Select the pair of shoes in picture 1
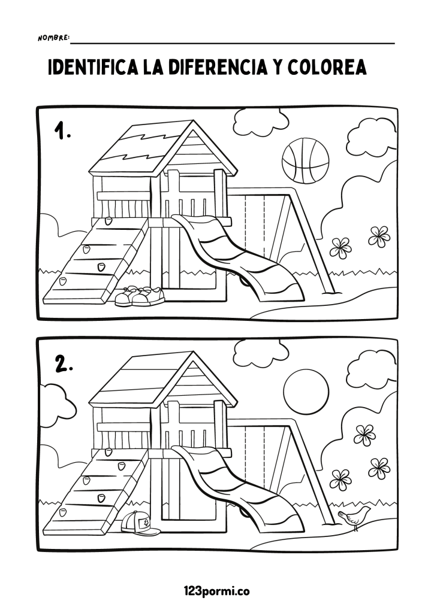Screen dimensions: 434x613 (140, 296)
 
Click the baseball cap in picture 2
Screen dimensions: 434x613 (140, 523)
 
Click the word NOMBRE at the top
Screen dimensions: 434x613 (53, 38)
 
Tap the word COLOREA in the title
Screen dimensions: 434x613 (327, 67)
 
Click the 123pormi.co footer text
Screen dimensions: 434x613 (216, 591)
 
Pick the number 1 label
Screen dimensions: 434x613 (62, 131)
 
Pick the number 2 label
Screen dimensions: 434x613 (64, 363)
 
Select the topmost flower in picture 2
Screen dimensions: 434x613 (364, 435)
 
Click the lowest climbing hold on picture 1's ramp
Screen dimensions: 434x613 (62, 281)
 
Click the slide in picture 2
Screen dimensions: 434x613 (239, 488)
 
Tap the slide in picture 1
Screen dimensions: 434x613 (239, 256)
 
